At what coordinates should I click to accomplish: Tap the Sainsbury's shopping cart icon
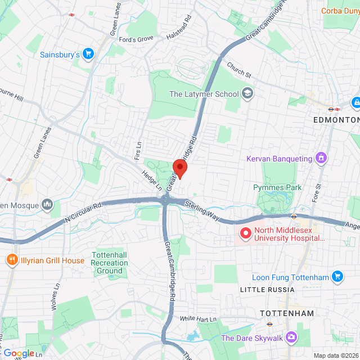point(88,55)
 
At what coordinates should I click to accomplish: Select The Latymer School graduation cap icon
point(247,94)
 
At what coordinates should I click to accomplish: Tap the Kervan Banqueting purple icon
point(321,159)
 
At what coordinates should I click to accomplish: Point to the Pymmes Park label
point(277,187)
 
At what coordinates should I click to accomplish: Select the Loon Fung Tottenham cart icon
point(337,277)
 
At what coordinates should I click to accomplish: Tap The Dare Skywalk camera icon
point(291,337)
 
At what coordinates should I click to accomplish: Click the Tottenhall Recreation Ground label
point(110,263)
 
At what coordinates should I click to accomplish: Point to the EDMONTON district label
point(336,120)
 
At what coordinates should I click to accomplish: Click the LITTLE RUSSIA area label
point(267,290)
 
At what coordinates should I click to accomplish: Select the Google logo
point(19,353)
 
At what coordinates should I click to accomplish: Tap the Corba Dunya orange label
point(340,11)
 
